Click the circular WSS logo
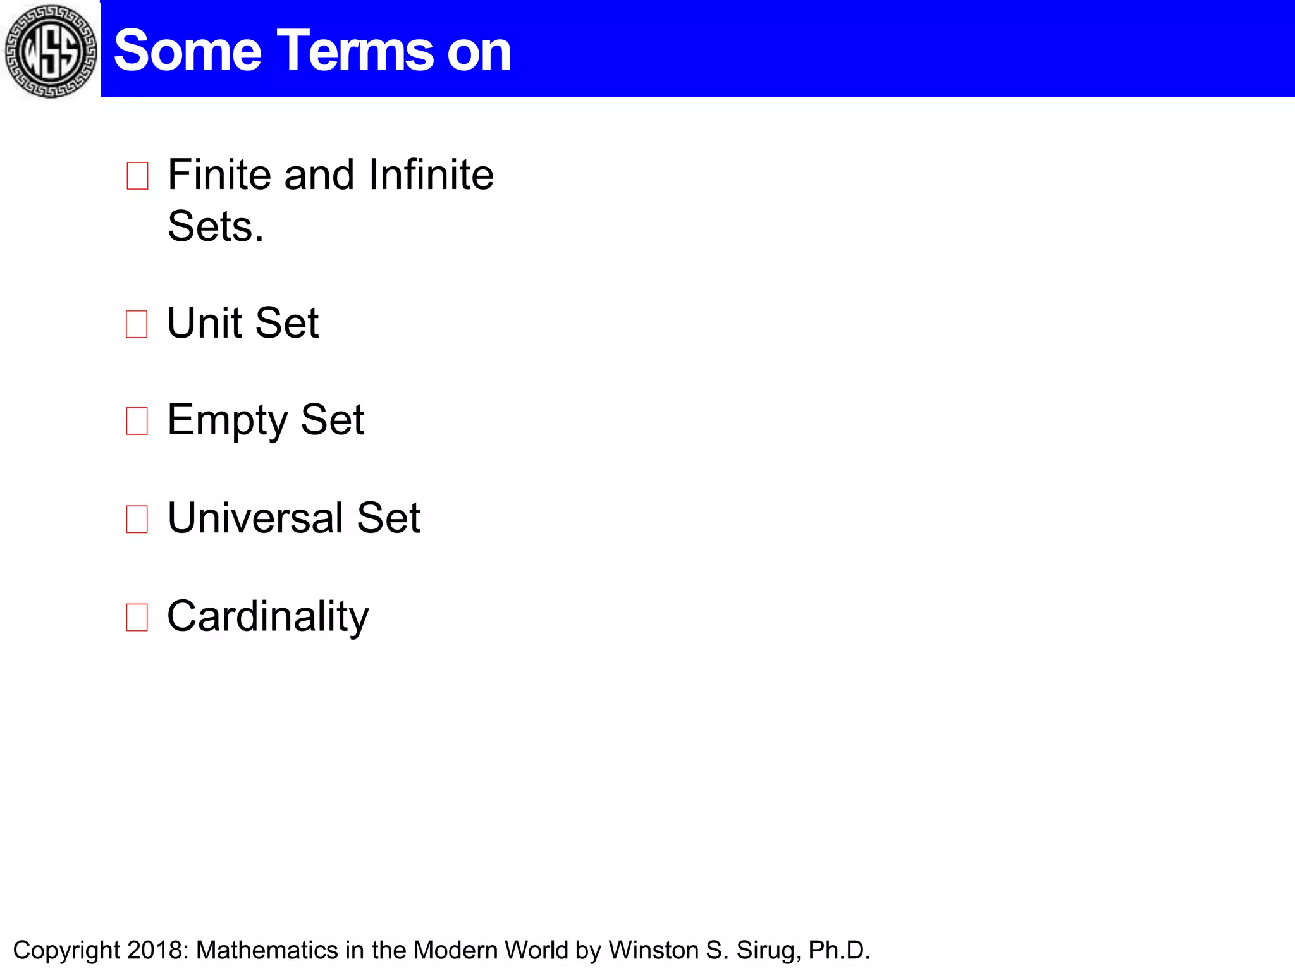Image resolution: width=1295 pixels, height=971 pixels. (x=51, y=51)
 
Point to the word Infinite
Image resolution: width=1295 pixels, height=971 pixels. (x=431, y=174)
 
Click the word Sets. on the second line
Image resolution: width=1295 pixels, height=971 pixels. (x=215, y=226)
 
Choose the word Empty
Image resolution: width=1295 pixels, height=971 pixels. (x=228, y=420)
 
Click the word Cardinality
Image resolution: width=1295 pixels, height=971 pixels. (x=267, y=617)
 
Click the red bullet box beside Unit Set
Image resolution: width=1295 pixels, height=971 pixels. (x=137, y=324)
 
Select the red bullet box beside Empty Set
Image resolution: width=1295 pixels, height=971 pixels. (x=137, y=421)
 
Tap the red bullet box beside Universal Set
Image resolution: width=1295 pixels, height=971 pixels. (x=137, y=519)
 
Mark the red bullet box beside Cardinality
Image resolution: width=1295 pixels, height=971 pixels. (x=137, y=618)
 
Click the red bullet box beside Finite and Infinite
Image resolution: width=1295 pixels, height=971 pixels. (x=137, y=176)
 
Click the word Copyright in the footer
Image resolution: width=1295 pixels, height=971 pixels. (x=66, y=950)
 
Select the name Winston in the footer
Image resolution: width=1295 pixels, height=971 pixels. (x=653, y=950)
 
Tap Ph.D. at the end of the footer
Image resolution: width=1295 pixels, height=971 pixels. (x=839, y=950)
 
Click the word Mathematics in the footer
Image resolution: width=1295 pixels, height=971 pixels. (x=267, y=950)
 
